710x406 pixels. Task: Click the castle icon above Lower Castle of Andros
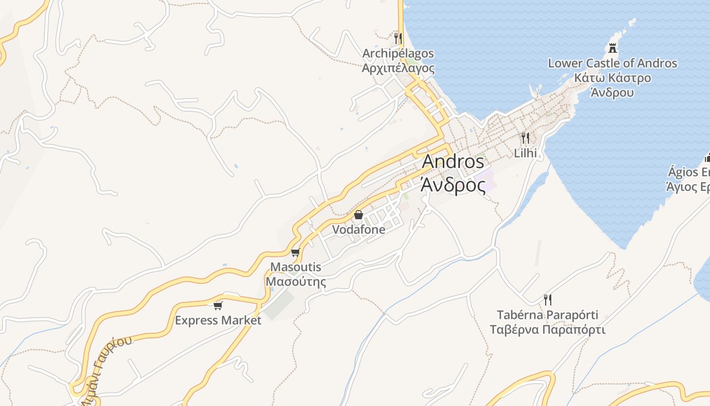click(613, 48)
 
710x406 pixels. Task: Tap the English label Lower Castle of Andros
click(612, 63)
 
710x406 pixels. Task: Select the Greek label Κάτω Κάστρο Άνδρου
click(612, 85)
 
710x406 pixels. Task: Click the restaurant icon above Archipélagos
click(398, 38)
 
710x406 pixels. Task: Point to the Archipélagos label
click(398, 53)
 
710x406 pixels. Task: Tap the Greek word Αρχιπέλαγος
click(398, 67)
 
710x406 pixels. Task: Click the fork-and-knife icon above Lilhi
click(525, 138)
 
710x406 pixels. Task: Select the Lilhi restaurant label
click(525, 152)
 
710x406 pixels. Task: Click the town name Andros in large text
click(453, 161)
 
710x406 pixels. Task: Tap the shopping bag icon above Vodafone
click(359, 215)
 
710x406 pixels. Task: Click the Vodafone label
click(359, 229)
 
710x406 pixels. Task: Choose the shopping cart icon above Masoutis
click(296, 252)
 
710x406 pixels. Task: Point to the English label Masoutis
click(296, 267)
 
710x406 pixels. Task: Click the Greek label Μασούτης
click(296, 282)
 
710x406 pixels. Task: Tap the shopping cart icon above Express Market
click(218, 306)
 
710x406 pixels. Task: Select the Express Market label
click(218, 320)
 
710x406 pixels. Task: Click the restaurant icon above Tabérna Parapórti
click(548, 299)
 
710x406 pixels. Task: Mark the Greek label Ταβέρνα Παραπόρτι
click(548, 330)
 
